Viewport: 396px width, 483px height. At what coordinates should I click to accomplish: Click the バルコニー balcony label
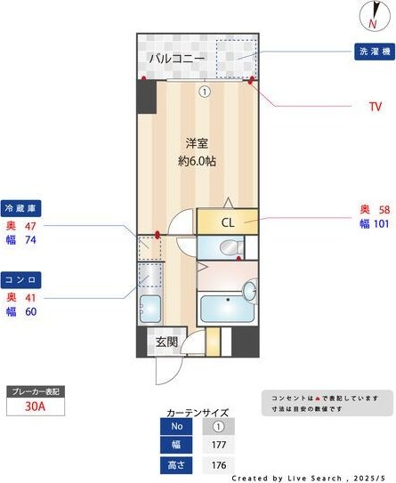pyautogui.click(x=176, y=59)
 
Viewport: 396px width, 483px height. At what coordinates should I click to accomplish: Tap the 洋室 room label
pyautogui.click(x=197, y=142)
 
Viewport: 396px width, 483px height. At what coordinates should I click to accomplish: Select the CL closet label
pyautogui.click(x=228, y=223)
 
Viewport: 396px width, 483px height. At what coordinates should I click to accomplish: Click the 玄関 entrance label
pyautogui.click(x=167, y=342)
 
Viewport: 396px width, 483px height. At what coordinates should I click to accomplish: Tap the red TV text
pyautogui.click(x=376, y=107)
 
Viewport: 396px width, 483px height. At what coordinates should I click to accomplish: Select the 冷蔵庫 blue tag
pyautogui.click(x=21, y=208)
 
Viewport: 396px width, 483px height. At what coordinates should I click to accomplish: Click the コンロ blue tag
pyautogui.click(x=21, y=279)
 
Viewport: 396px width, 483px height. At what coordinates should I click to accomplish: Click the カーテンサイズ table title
pyautogui.click(x=198, y=413)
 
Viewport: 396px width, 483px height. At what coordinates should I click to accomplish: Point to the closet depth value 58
pyautogui.click(x=384, y=209)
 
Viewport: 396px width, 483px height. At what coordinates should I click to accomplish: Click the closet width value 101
pyautogui.click(x=381, y=224)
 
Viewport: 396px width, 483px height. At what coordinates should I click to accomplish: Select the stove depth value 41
pyautogui.click(x=29, y=297)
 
